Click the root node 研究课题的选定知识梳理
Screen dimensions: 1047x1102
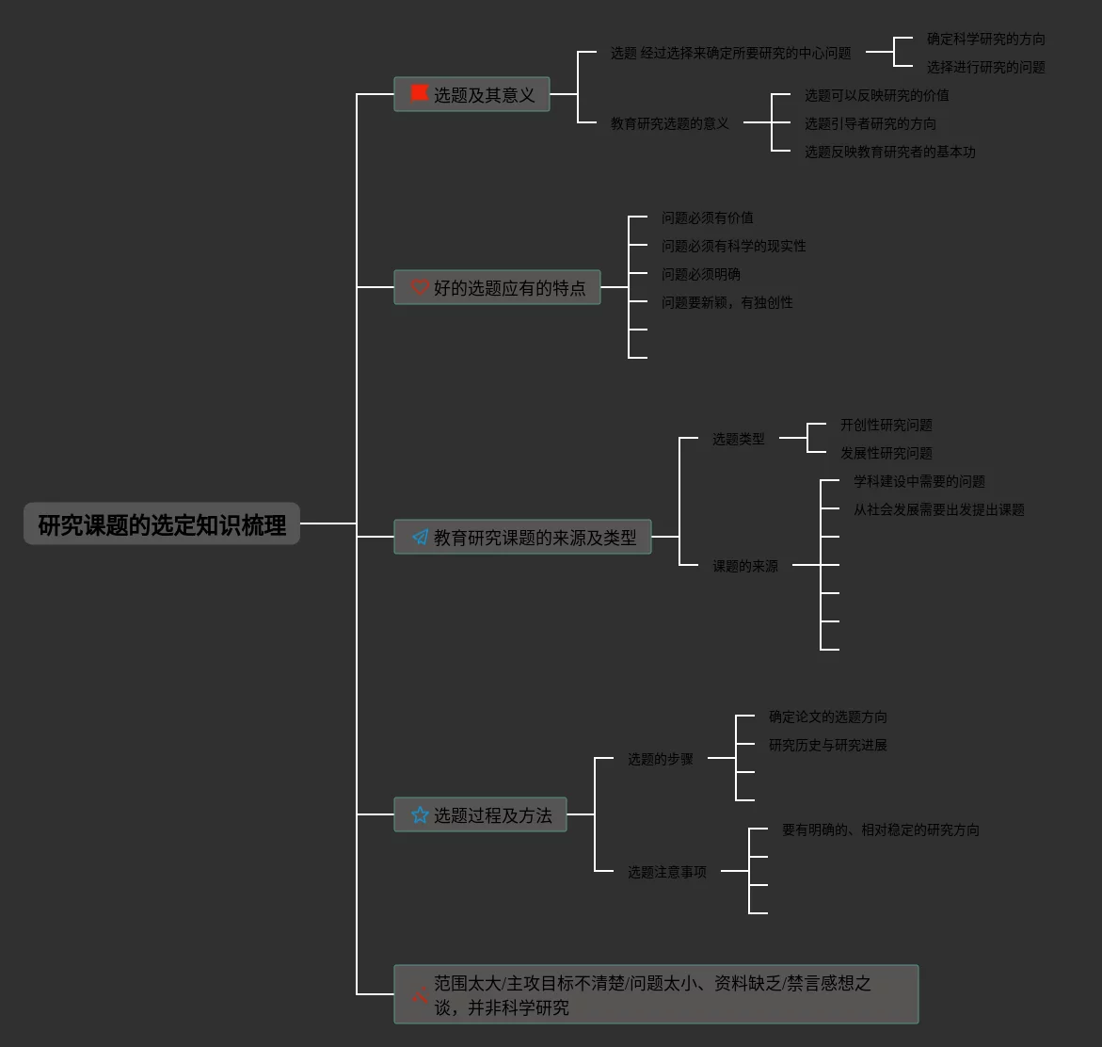pos(162,524)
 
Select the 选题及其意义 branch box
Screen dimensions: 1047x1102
pos(471,94)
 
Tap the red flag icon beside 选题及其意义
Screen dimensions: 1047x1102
pos(420,93)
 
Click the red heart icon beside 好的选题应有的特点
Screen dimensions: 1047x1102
pos(420,287)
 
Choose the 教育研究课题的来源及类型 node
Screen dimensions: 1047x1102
pos(522,537)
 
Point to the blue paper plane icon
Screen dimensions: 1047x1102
pos(420,537)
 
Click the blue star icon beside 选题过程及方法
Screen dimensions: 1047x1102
pos(420,814)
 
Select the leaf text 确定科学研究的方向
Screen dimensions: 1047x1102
pos(985,39)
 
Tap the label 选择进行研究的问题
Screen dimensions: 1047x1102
pos(985,67)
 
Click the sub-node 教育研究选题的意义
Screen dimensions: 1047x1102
pos(669,123)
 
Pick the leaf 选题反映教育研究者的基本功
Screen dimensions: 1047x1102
pos(889,152)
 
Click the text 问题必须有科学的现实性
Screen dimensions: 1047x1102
pos(733,246)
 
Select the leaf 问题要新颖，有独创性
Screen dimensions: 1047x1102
pos(727,302)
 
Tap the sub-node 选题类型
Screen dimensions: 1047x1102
pos(738,439)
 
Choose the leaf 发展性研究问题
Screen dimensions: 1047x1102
pos(886,453)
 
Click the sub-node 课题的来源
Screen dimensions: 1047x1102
pos(744,566)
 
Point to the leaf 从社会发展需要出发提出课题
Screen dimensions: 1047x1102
pos(938,509)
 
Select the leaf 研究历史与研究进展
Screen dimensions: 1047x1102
pos(827,745)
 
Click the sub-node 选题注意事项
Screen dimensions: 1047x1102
pos(666,872)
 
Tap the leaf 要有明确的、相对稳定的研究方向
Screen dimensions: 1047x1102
pos(880,830)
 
